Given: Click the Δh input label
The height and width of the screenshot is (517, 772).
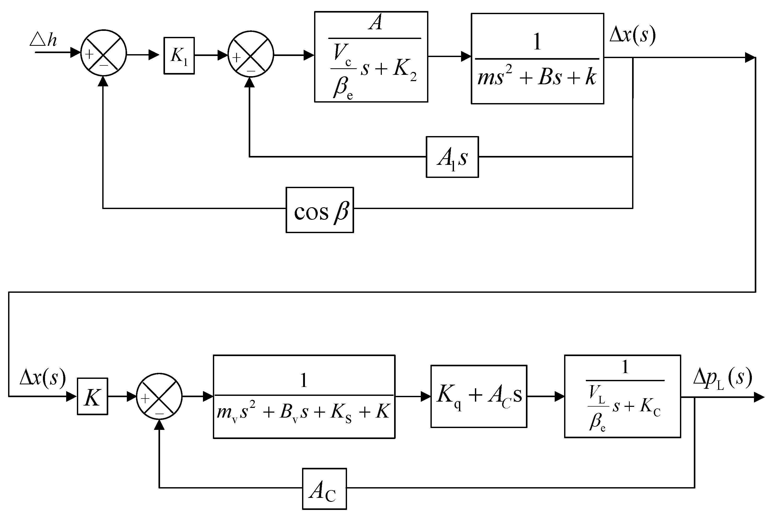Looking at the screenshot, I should (x=43, y=40).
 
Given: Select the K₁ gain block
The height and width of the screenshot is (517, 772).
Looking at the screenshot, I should (x=179, y=56).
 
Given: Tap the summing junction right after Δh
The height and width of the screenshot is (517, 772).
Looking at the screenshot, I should (x=104, y=53).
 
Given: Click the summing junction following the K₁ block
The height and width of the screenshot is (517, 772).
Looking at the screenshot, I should (x=251, y=54).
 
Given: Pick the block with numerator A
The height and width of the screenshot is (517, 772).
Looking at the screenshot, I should (x=371, y=57).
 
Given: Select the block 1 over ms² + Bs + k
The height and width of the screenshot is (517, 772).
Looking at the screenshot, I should (x=537, y=59).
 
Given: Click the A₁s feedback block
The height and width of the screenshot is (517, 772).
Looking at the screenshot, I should (x=452, y=157).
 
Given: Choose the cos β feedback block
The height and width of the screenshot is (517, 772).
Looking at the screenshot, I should (x=320, y=210).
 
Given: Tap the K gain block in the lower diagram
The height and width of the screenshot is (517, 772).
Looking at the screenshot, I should (x=92, y=396).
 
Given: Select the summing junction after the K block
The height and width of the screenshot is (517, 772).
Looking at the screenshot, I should (x=159, y=396).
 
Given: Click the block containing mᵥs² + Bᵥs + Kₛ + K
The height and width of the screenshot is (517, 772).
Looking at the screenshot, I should (x=304, y=396).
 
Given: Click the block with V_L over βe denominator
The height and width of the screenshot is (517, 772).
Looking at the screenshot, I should (x=622, y=396).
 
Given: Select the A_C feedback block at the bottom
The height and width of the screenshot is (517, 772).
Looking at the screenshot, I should (x=324, y=489).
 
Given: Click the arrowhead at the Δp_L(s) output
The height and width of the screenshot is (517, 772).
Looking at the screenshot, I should (x=759, y=397).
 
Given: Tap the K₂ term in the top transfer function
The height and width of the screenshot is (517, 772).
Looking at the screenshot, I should (x=405, y=70).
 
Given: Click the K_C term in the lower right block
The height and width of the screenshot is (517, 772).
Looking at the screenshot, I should (x=650, y=407).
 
